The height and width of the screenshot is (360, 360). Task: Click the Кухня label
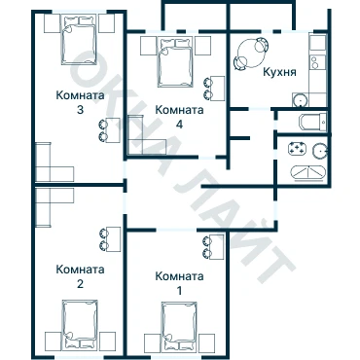coord(279,72)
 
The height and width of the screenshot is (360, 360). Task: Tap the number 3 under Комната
coord(80,110)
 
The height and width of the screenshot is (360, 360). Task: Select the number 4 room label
coord(179,125)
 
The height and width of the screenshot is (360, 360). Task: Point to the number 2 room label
coord(80,284)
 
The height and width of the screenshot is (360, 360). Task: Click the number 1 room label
coord(179,291)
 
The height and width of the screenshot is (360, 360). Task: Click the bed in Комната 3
coord(79,40)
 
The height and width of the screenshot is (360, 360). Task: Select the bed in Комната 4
coord(175,62)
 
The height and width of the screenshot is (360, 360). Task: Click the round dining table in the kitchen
coord(252,54)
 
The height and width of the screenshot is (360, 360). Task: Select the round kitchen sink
coord(300,100)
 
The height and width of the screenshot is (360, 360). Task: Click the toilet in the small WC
coord(312,123)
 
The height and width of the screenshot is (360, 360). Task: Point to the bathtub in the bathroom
coord(307,172)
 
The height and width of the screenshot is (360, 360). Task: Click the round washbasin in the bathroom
coord(320,150)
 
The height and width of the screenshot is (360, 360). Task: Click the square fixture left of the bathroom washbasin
coord(298,149)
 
